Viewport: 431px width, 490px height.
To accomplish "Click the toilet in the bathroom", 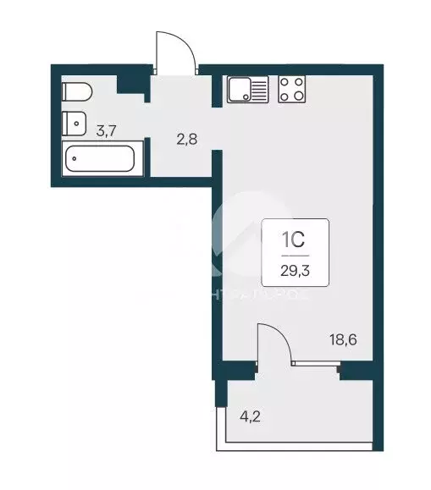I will click(74, 91).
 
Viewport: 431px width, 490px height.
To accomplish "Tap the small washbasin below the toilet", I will click(74, 122).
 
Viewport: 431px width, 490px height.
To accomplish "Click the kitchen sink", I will click(246, 89).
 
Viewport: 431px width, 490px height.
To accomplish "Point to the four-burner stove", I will click(292, 89).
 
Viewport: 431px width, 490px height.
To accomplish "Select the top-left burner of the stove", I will click(285, 82).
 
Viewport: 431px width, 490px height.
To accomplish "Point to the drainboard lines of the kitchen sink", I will click(258, 89).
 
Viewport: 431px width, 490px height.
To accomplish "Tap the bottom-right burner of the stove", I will click(299, 96).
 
